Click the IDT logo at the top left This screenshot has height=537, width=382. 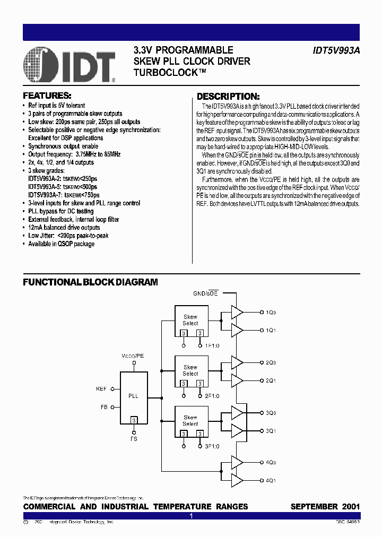click(70, 64)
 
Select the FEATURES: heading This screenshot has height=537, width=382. click(47, 96)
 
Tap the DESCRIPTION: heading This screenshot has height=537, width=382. click(228, 97)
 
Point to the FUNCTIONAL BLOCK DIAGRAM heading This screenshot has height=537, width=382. click(90, 282)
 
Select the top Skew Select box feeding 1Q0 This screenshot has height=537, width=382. click(190, 321)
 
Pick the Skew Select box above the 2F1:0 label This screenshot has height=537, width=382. click(190, 371)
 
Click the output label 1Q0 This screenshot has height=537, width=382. click(271, 312)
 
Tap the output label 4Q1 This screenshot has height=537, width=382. click(271, 481)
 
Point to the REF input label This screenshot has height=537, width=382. click(101, 389)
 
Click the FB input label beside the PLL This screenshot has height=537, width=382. click(103, 408)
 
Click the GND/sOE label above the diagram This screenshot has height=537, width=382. click(206, 293)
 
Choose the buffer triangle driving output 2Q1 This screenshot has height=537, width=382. click(237, 380)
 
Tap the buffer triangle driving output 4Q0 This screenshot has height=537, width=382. click(237, 463)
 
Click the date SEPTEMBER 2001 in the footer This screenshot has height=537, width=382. click(325, 507)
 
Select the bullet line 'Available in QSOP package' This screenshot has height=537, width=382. click(61, 244)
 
